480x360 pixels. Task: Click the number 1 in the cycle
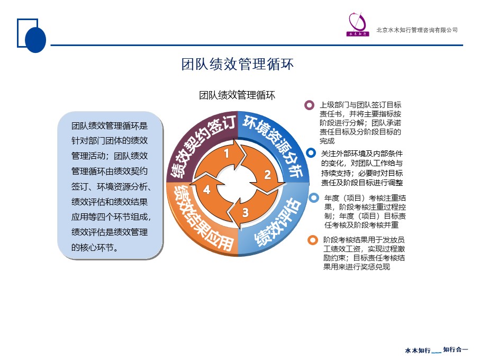pos(227,153)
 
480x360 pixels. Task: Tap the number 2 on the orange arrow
pos(268,175)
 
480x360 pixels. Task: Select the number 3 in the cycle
pos(246,212)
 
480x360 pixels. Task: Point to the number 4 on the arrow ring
pos(206,190)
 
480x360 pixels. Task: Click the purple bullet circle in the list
pos(310,105)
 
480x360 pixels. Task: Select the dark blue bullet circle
pos(311,153)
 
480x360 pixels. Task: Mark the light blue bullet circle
pos(314,198)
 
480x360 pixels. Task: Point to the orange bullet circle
pos(313,240)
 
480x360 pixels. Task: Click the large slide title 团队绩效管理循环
pos(237,64)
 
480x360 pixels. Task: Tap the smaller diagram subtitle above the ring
pos(237,95)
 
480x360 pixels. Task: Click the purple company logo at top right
pos(358,24)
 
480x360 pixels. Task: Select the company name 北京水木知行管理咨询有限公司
pos(417,30)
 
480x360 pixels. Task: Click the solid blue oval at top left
pos(35,40)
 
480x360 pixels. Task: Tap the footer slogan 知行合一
pos(456,349)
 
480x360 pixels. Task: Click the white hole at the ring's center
pos(238,183)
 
